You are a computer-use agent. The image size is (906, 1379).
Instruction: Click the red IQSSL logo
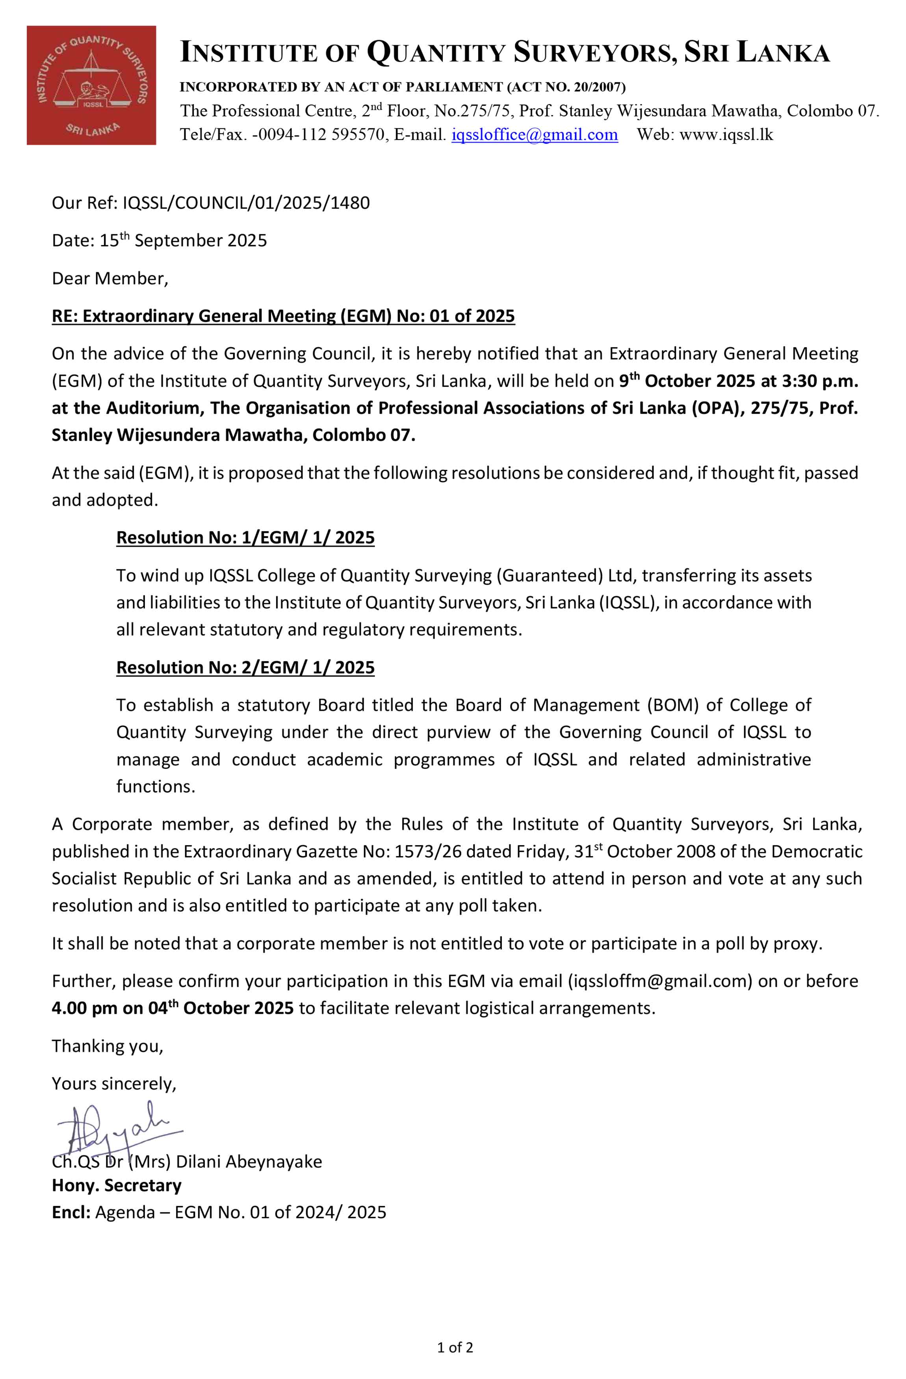pyautogui.click(x=91, y=85)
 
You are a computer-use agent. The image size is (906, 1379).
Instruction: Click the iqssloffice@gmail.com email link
pyautogui.click(x=534, y=135)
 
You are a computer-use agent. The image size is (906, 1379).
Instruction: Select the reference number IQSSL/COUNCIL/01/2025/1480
pyautogui.click(x=246, y=203)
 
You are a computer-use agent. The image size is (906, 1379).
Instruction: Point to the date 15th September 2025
pyautogui.click(x=183, y=240)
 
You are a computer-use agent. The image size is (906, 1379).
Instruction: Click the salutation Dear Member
pyautogui.click(x=110, y=279)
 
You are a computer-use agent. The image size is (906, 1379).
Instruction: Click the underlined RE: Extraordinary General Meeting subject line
pyautogui.click(x=283, y=316)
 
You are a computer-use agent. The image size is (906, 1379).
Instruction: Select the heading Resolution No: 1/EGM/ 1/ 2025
pyautogui.click(x=246, y=538)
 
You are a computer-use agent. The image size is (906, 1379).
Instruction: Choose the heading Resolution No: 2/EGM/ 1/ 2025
pyautogui.click(x=246, y=667)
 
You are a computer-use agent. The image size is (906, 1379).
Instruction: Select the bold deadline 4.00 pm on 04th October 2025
pyautogui.click(x=173, y=1008)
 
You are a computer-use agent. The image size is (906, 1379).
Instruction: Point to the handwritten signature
pyautogui.click(x=116, y=1129)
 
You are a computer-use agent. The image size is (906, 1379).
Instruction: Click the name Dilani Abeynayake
pyautogui.click(x=249, y=1162)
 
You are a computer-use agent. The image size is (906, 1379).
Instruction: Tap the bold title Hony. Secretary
pyautogui.click(x=117, y=1186)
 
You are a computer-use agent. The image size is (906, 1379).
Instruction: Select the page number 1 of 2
pyautogui.click(x=455, y=1348)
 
